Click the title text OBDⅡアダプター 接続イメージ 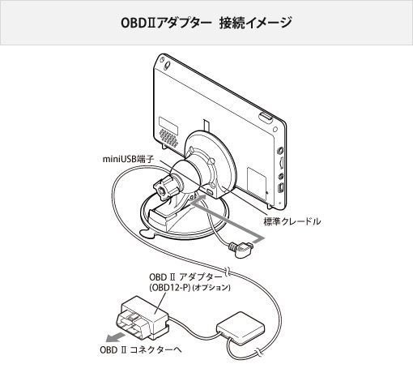206,23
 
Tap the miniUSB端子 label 128,159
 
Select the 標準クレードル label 292,221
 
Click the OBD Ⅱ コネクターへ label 141,350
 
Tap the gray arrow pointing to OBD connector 116,336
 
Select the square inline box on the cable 240,328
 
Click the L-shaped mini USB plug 241,249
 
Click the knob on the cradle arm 164,187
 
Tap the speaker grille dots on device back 168,138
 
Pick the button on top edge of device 266,118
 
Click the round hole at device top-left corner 168,65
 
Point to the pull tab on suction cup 147,233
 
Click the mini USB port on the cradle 210,191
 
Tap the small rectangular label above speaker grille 168,126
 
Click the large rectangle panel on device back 257,182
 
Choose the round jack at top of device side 280,149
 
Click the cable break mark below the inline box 258,352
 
